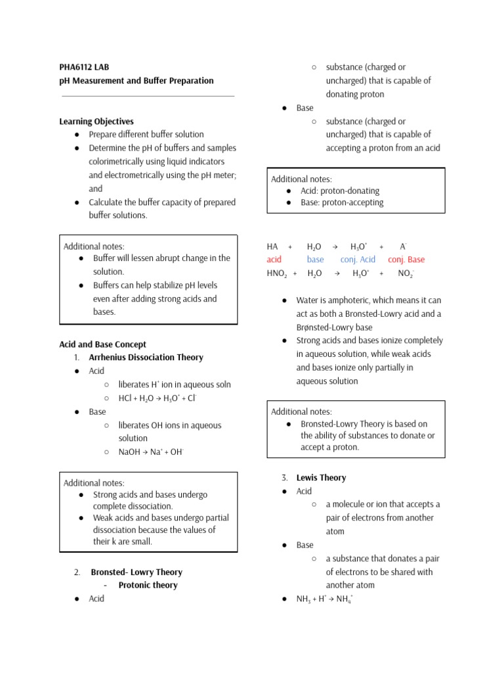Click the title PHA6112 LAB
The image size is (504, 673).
click(x=83, y=67)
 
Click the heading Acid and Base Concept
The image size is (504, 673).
click(x=102, y=344)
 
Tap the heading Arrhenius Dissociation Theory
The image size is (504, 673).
click(x=146, y=358)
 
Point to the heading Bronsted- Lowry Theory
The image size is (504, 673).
click(x=136, y=572)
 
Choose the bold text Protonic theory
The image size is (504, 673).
click(x=148, y=586)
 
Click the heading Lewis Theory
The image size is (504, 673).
click(x=321, y=478)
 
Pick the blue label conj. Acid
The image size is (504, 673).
click(x=358, y=260)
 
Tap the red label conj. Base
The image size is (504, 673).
click(x=406, y=260)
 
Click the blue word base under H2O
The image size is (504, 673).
click(x=315, y=260)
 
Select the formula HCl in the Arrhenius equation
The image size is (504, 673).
click(x=125, y=398)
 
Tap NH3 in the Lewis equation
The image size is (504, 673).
click(x=304, y=599)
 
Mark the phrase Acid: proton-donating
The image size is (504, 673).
click(x=340, y=191)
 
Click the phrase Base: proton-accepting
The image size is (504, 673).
click(x=342, y=202)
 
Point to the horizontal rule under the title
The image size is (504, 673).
click(x=148, y=97)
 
